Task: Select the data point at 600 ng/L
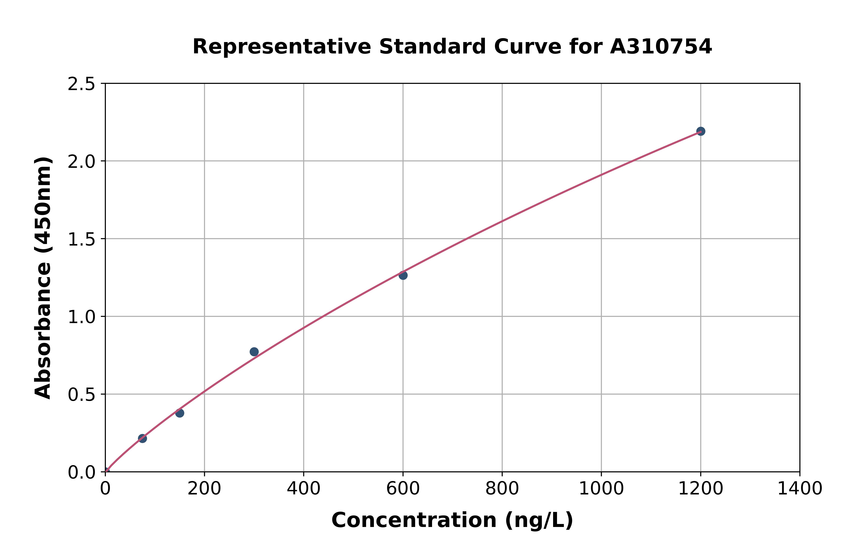[x=403, y=275]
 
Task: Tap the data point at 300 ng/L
[x=254, y=352]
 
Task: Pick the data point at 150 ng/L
[x=180, y=413]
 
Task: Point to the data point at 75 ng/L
[x=142, y=439]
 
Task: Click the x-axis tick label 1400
[x=800, y=489]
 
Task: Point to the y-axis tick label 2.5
[x=82, y=84]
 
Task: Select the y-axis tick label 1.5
[x=82, y=240]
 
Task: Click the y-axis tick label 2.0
[x=82, y=162]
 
